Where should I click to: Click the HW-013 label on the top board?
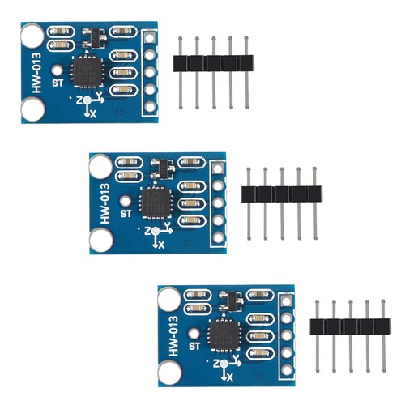(36, 73)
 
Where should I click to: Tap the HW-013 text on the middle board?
(105, 203)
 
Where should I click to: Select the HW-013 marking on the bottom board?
(173, 336)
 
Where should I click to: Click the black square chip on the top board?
(87, 71)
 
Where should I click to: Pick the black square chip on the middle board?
(156, 202)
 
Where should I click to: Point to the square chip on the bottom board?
(224, 335)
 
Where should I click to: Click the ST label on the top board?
(58, 83)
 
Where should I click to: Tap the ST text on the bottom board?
(194, 346)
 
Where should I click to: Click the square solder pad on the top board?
(149, 38)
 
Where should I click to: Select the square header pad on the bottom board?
(286, 301)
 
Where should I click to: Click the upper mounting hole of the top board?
(32, 36)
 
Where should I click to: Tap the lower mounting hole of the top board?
(32, 109)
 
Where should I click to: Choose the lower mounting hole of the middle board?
(101, 241)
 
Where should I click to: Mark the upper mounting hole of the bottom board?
(169, 299)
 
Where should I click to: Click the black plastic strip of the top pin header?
(213, 63)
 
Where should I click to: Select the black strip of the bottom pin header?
(350, 326)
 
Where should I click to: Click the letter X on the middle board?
(161, 245)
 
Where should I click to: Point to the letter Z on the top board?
(79, 100)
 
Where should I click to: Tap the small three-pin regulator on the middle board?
(163, 169)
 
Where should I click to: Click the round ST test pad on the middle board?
(126, 201)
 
